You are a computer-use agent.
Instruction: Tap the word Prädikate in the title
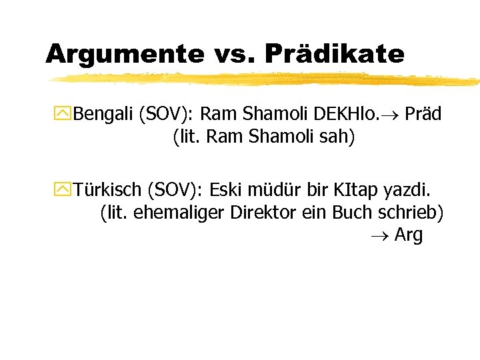[334, 53]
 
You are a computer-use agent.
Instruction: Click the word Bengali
[103, 114]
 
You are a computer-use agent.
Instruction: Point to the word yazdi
[411, 190]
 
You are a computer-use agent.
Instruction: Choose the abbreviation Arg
[408, 236]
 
